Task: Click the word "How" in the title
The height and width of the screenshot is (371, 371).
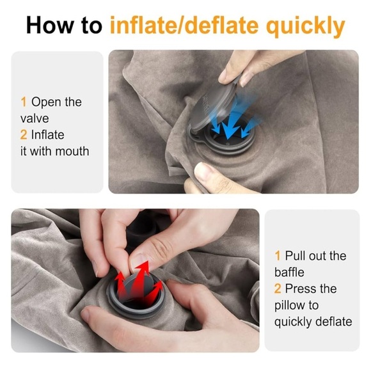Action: [x=50, y=25]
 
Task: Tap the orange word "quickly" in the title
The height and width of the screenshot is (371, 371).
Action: [x=306, y=26]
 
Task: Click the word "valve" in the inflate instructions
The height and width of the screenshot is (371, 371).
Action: [x=35, y=118]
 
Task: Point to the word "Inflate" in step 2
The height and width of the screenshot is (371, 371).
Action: [x=47, y=135]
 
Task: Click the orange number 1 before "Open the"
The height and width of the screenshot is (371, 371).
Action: [x=24, y=102]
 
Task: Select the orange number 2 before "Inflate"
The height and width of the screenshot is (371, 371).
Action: [x=24, y=135]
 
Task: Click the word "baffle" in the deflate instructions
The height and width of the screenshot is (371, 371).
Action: [x=289, y=272]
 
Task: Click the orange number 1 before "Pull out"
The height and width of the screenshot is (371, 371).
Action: [x=278, y=256]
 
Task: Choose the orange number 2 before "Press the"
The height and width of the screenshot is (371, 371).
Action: [x=278, y=288]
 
